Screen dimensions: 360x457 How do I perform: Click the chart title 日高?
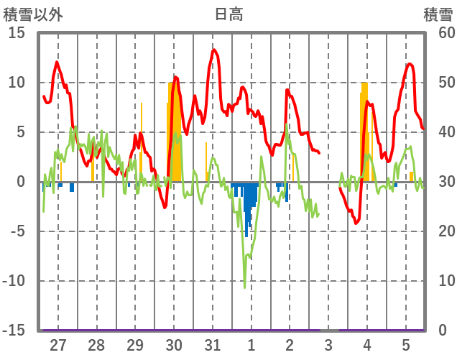[x=228, y=14]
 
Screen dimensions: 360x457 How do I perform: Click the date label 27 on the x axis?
[x=58, y=344]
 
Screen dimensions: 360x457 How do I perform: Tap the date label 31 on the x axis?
[x=212, y=344]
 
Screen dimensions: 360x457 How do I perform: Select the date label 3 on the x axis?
[x=328, y=344]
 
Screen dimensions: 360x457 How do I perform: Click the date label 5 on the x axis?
[x=406, y=344]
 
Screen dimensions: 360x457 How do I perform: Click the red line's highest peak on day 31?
[x=213, y=50]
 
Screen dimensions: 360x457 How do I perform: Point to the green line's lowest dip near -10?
[x=244, y=287]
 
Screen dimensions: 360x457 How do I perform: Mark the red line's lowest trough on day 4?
[x=356, y=223]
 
